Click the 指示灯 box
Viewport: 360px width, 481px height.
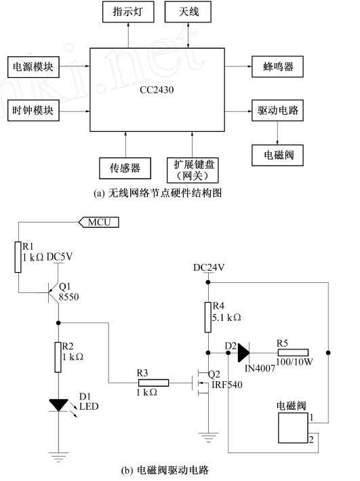click(128, 12)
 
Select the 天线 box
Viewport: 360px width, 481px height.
click(188, 12)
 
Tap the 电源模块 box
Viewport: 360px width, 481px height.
click(33, 67)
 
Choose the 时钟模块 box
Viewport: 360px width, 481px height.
click(33, 111)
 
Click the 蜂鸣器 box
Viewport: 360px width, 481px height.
click(277, 66)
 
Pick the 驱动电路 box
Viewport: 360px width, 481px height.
click(277, 111)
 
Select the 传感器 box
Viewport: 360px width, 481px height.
click(125, 168)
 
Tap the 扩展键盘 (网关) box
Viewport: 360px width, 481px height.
click(193, 170)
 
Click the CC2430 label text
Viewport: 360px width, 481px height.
click(157, 90)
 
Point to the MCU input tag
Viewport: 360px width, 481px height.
click(99, 222)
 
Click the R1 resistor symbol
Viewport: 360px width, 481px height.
click(18, 257)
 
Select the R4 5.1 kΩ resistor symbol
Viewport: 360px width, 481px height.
click(208, 318)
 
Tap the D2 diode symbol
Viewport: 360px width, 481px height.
click(243, 353)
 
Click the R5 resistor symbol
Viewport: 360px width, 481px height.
click(292, 353)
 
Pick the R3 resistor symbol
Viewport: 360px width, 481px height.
click(153, 383)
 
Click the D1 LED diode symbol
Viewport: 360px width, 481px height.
click(58, 405)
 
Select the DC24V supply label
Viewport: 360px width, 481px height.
click(209, 267)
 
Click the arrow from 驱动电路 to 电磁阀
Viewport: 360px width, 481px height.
click(277, 133)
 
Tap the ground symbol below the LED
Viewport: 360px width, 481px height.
click(58, 457)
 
